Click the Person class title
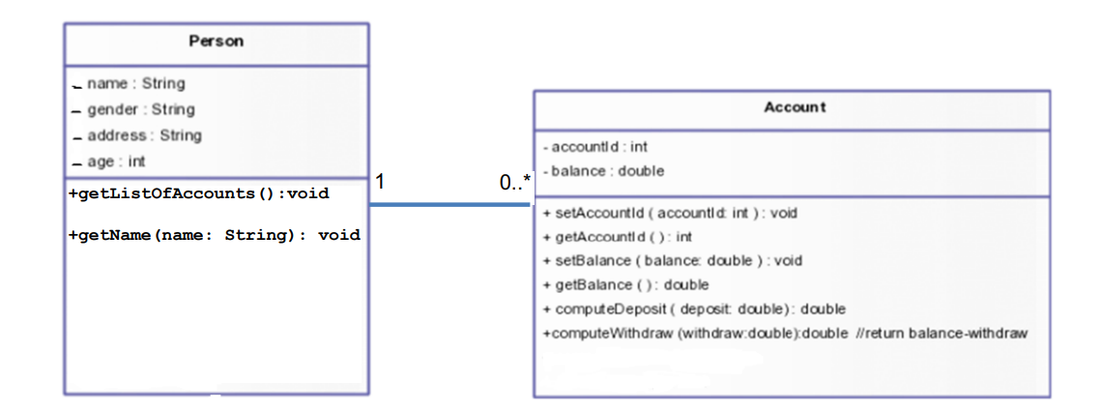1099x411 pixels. (216, 42)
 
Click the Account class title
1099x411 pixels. (795, 107)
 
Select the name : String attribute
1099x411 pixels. (135, 84)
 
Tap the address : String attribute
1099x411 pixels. (144, 135)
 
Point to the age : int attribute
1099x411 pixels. (116, 161)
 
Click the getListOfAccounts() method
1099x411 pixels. (199, 193)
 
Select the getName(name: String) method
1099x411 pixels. (215, 234)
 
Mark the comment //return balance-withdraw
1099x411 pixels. (940, 334)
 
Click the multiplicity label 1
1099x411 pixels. (380, 182)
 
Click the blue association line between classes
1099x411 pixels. (448, 204)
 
